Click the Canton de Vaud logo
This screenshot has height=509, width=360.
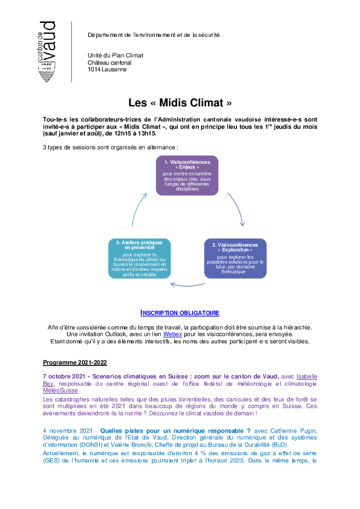click(x=47, y=51)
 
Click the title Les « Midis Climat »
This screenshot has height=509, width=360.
click(x=180, y=103)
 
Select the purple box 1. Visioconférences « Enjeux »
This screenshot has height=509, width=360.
click(x=187, y=175)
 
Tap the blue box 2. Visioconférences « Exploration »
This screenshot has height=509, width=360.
click(x=235, y=258)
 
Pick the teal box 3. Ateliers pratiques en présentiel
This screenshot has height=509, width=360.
click(x=139, y=258)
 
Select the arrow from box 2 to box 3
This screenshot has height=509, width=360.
click(x=188, y=285)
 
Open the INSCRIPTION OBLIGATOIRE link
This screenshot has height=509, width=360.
click(x=180, y=313)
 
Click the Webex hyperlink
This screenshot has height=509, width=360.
click(x=172, y=334)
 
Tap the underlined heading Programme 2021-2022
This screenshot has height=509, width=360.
click(x=75, y=363)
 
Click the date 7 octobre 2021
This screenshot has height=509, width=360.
click(x=64, y=377)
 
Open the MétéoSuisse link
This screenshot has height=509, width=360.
click(x=61, y=391)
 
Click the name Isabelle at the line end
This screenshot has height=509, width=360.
click(x=307, y=377)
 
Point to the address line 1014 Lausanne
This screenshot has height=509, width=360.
click(x=107, y=70)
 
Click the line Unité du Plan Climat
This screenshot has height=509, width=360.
click(x=116, y=56)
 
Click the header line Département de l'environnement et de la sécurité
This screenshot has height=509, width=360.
click(x=154, y=34)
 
